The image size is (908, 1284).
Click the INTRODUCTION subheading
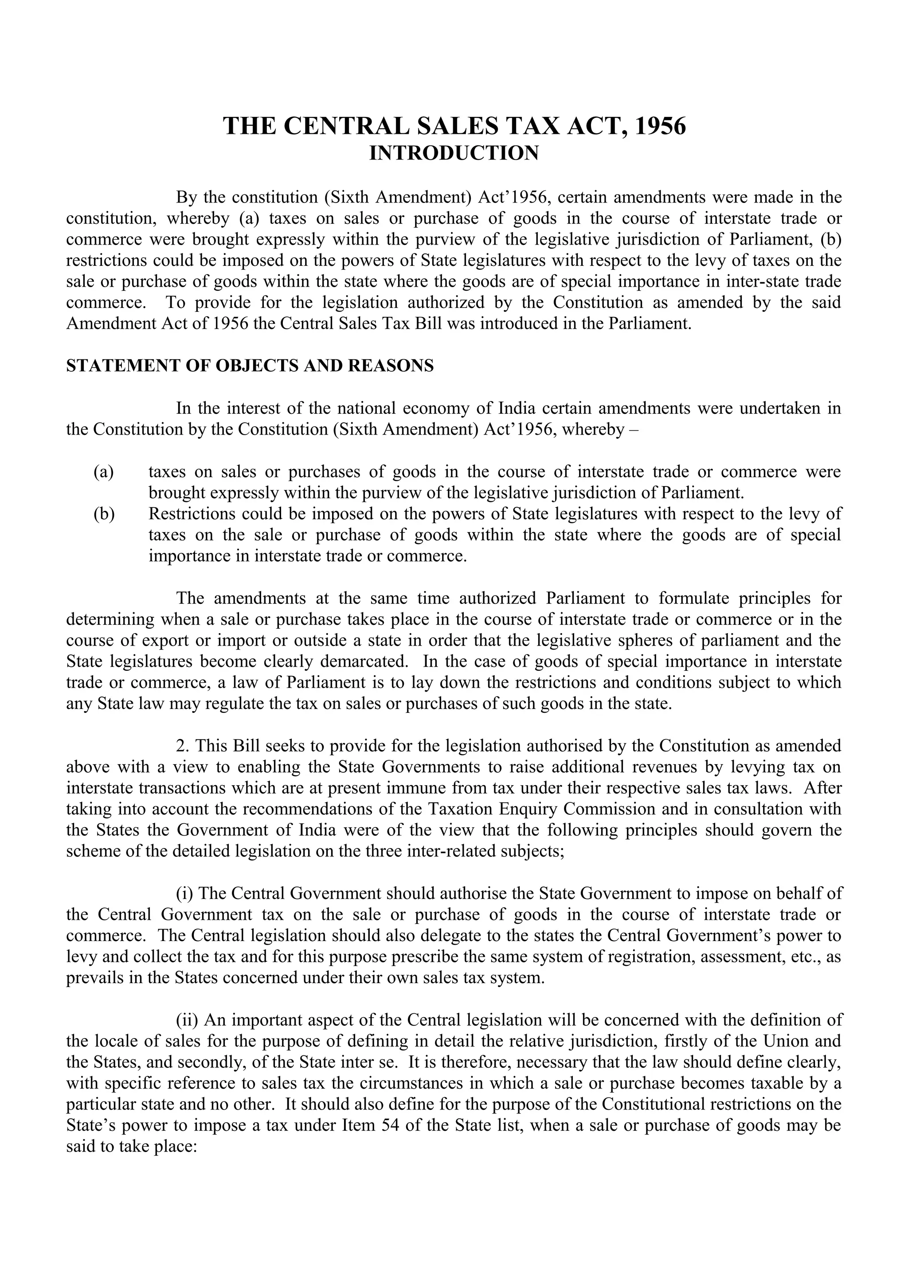coord(454,153)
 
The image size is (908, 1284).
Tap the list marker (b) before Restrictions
coord(104,514)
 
